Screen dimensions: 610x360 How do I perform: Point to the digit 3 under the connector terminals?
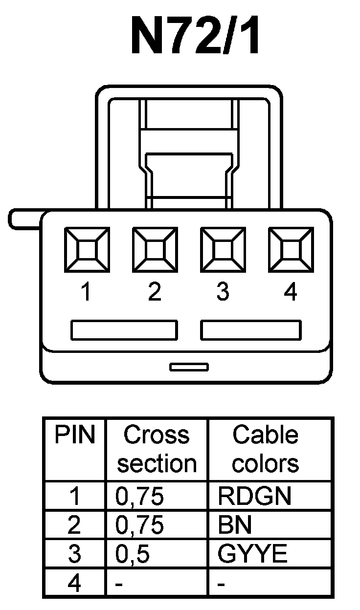pyautogui.click(x=223, y=292)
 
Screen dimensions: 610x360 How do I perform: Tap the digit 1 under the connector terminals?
pyautogui.click(x=86, y=292)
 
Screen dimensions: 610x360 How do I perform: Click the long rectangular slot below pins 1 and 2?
pyautogui.click(x=124, y=330)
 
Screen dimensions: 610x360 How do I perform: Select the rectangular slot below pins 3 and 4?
pyautogui.click(x=251, y=330)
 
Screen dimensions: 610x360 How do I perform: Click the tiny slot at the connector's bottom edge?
pyautogui.click(x=189, y=367)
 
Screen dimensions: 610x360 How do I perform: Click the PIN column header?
pyautogui.click(x=74, y=435)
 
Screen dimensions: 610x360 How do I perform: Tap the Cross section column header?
pyautogui.click(x=157, y=449)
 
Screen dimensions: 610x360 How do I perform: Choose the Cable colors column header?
pyautogui.click(x=265, y=449)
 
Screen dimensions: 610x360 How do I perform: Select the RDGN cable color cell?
pyautogui.click(x=254, y=497)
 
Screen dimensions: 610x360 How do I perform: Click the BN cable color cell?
pyautogui.click(x=235, y=525)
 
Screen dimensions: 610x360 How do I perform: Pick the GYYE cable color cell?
pyautogui.click(x=252, y=555)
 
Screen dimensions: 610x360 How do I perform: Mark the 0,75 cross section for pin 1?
pyautogui.click(x=139, y=497)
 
